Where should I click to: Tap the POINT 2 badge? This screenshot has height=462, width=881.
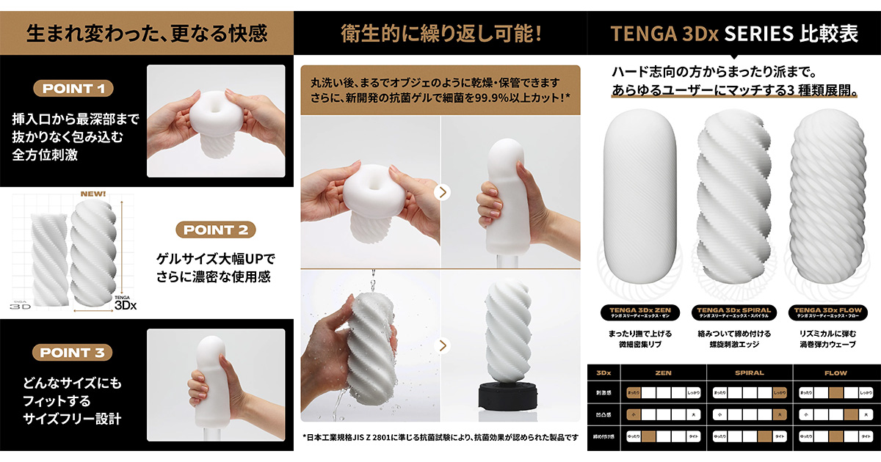[215, 230]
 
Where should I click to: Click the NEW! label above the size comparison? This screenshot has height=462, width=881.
[94, 194]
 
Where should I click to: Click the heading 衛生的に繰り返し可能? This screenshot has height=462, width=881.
[440, 33]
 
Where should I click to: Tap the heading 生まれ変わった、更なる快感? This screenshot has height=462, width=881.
[147, 33]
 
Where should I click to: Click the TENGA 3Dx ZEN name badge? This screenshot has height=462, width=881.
[637, 313]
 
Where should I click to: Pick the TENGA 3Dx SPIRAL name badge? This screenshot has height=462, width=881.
[733, 313]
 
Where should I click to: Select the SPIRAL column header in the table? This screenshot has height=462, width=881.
[749, 373]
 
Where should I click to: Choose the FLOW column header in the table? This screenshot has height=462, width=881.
[835, 373]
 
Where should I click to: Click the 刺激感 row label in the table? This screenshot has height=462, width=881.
[604, 393]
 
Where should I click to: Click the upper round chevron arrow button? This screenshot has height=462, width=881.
[441, 192]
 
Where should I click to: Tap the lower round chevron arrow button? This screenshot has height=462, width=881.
[441, 345]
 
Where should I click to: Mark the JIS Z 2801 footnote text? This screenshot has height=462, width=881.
[440, 438]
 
